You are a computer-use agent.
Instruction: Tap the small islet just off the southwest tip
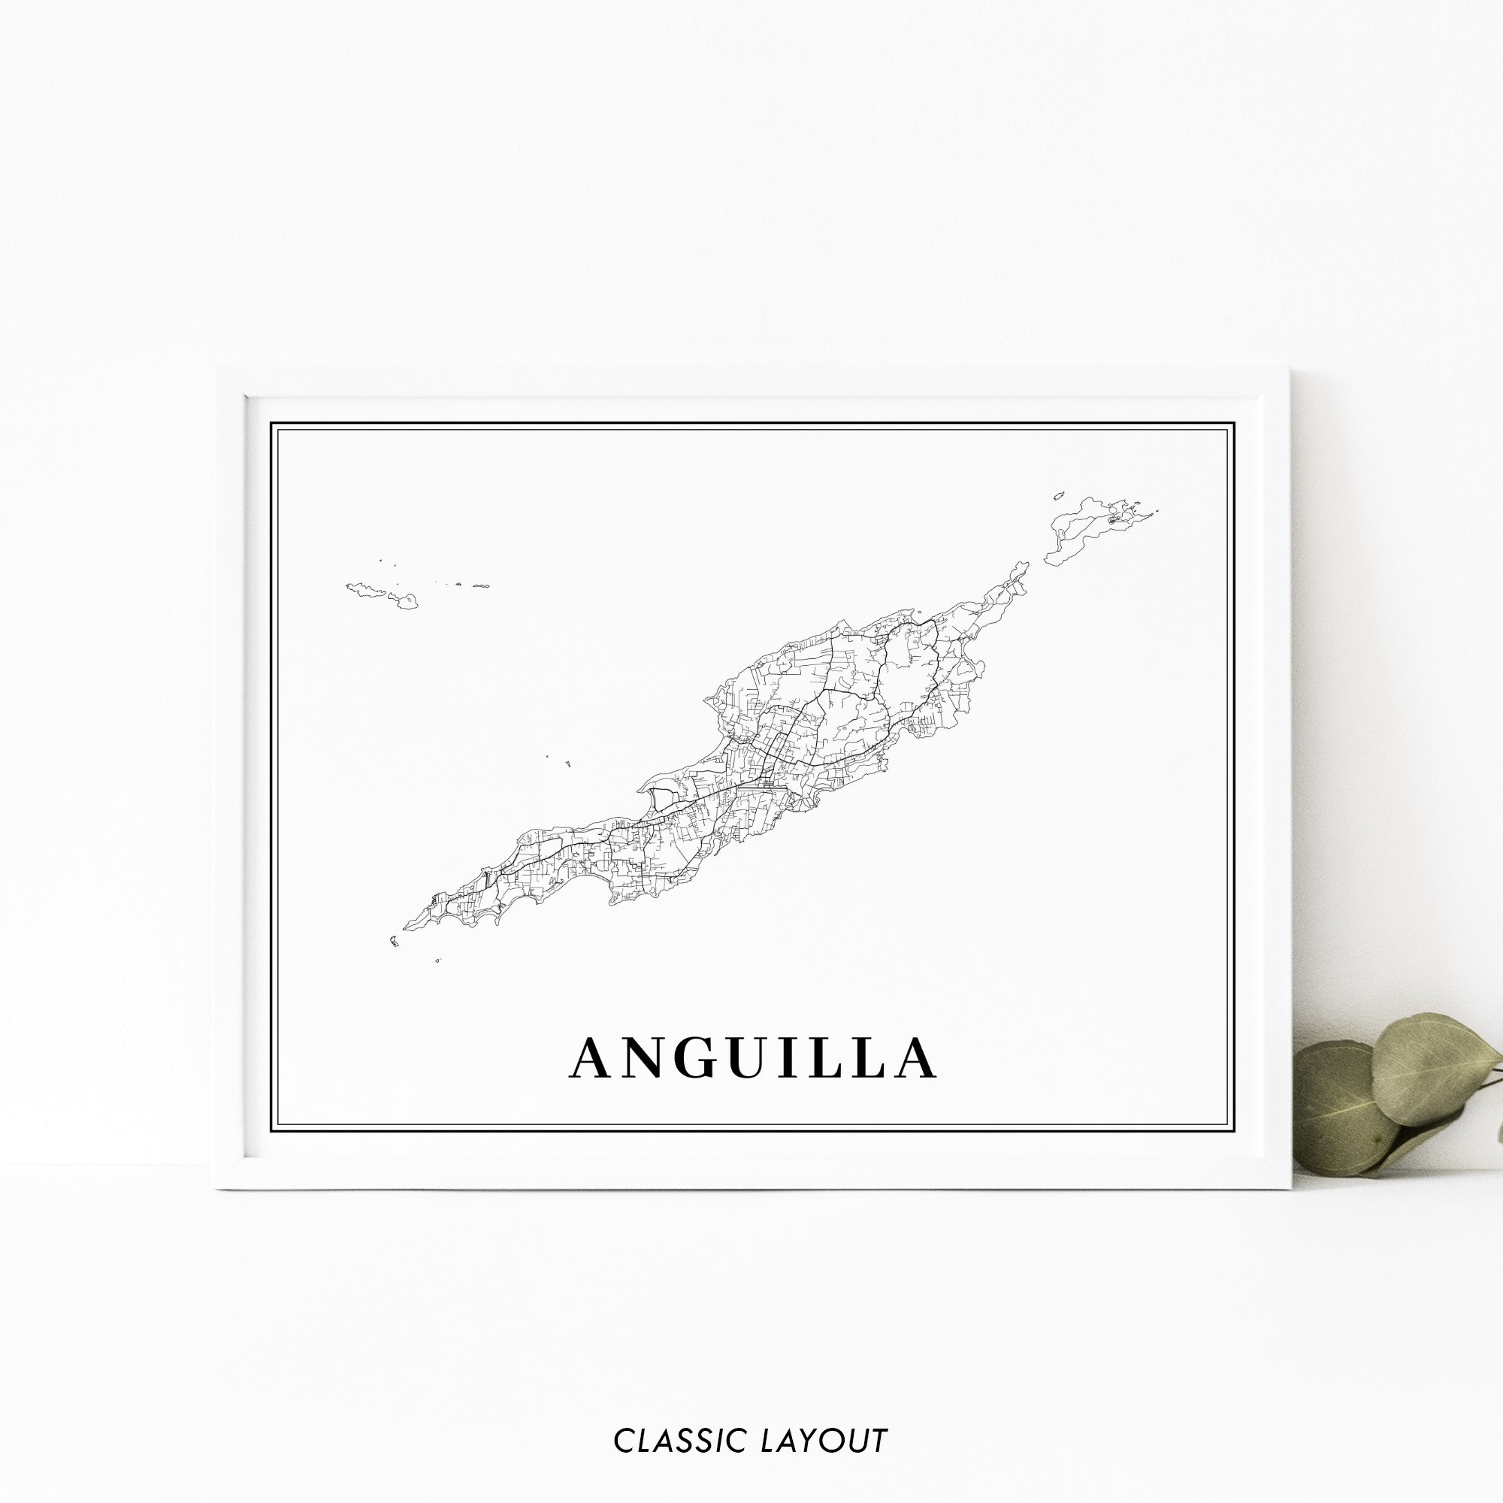394,942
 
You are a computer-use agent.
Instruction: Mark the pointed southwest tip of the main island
405,928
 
